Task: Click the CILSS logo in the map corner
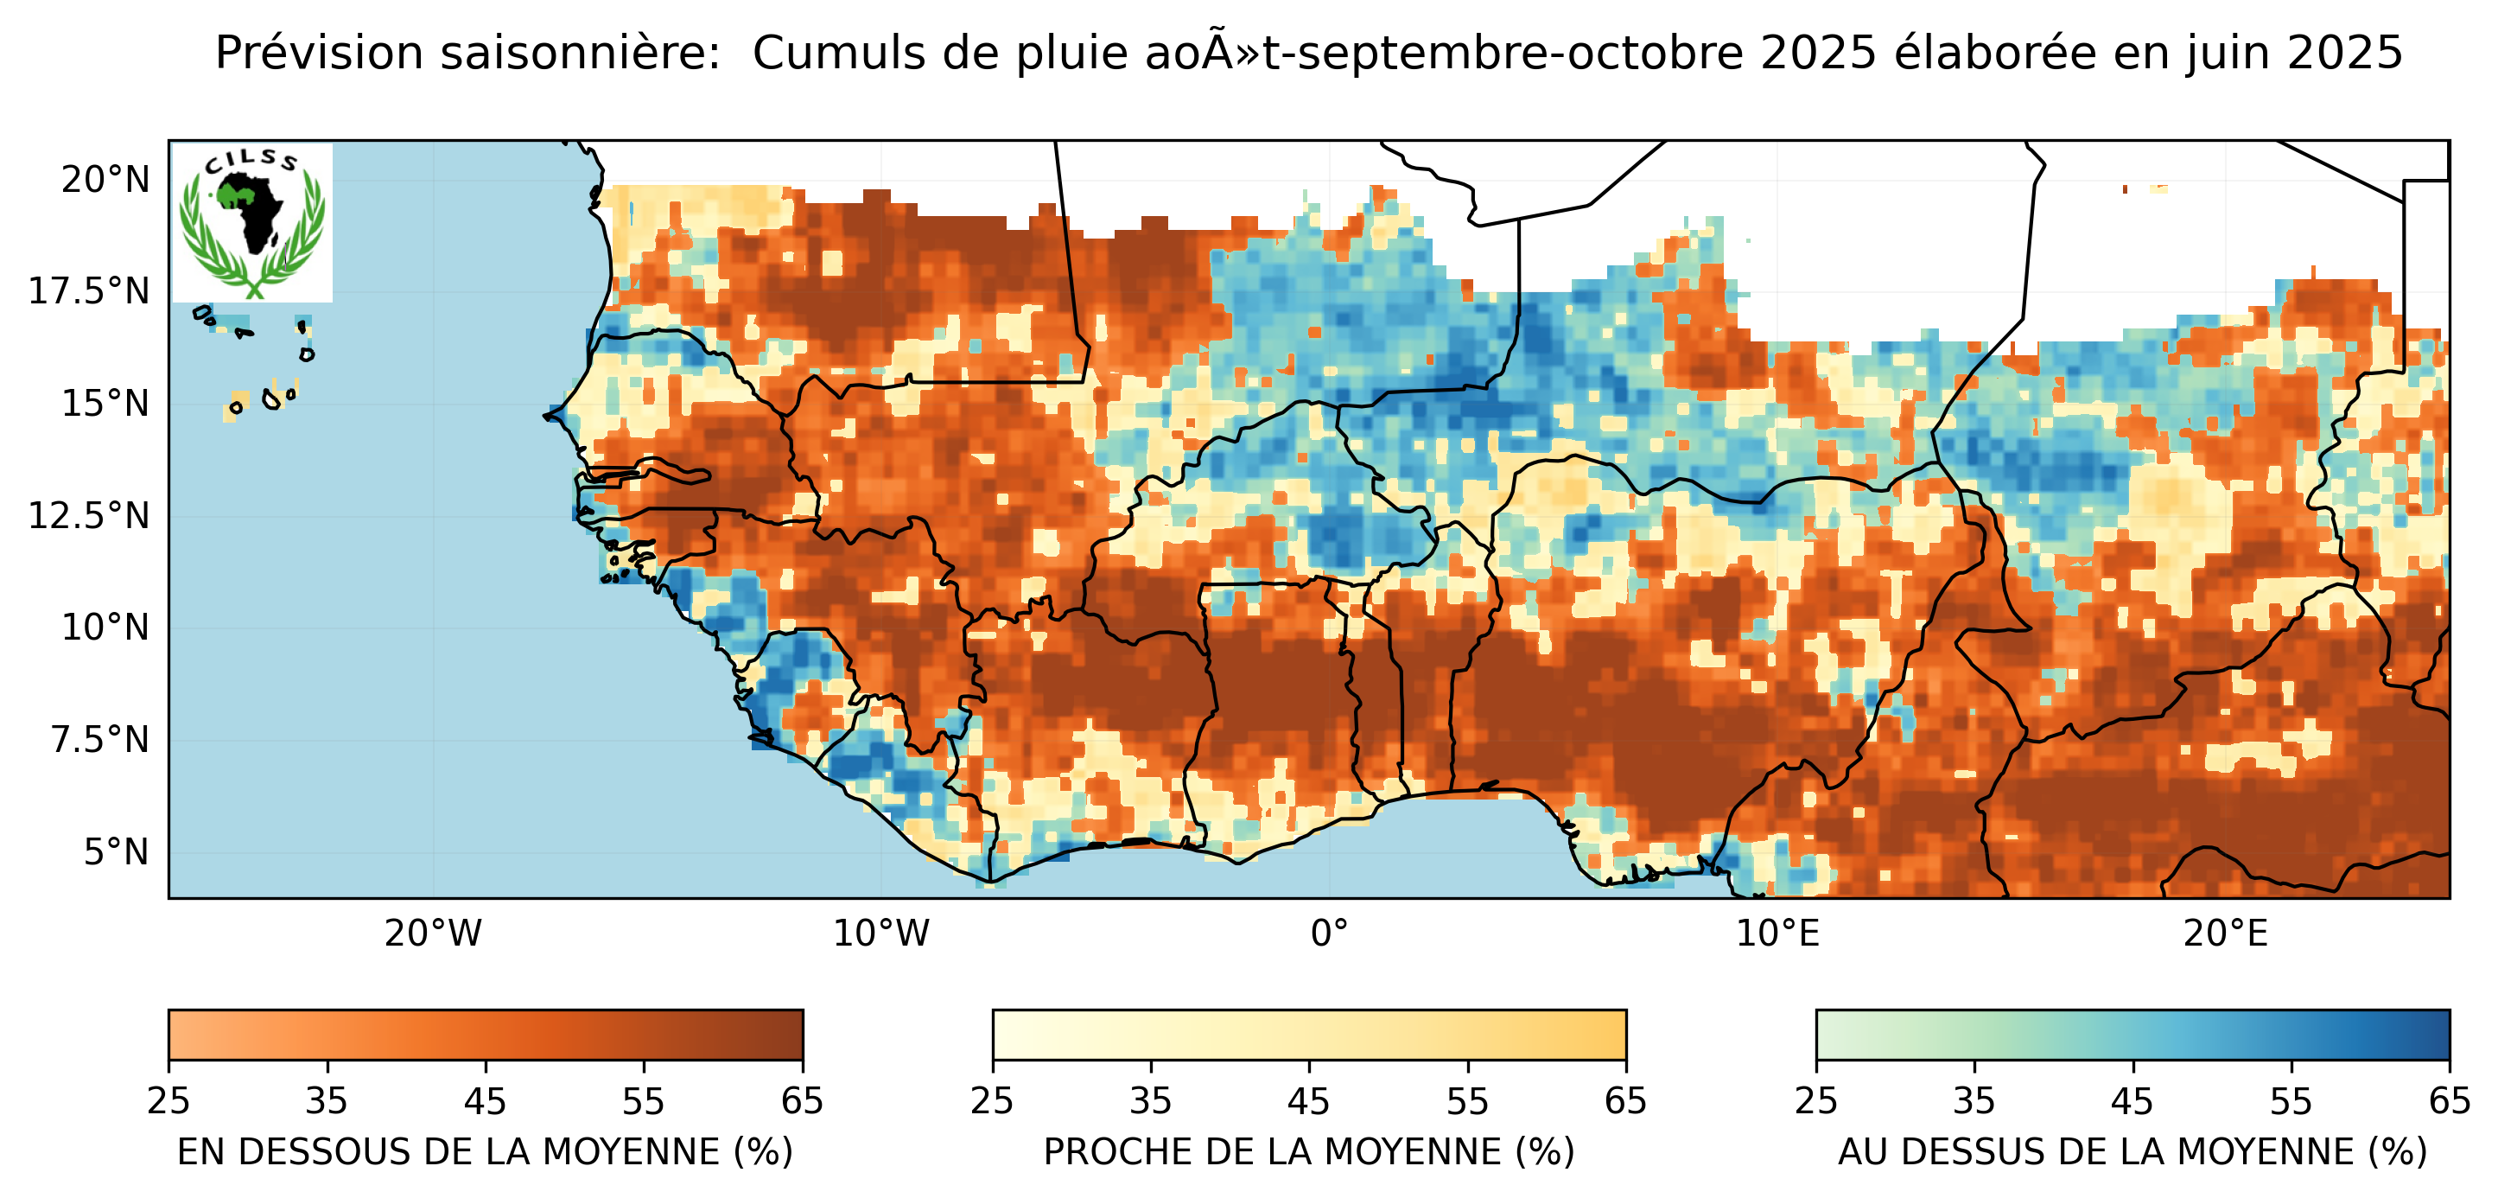point(252,222)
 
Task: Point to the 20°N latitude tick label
point(105,180)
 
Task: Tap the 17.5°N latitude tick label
point(88,291)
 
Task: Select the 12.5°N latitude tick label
point(88,515)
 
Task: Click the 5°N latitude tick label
point(116,851)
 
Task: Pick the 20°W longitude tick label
point(433,934)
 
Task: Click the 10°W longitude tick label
point(880,934)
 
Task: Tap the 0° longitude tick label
point(1329,934)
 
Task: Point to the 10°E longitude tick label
point(1777,934)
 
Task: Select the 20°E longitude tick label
point(2225,934)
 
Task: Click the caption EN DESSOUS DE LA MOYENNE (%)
point(485,1151)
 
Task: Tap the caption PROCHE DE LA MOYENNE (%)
point(1308,1151)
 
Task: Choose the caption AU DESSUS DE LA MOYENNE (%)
point(2133,1151)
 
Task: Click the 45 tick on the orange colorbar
point(485,1101)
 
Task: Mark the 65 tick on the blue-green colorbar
point(2449,1101)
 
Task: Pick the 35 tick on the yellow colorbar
point(1150,1101)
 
